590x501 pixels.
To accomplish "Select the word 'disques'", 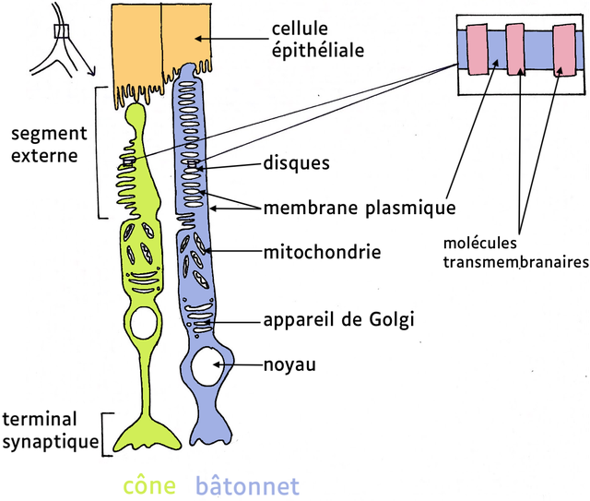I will (296, 163).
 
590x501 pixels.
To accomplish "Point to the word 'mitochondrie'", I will (322, 250).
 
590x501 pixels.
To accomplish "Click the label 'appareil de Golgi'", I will (338, 320).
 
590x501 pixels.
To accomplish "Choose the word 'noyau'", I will (289, 364).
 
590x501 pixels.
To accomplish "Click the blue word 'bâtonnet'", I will (247, 485).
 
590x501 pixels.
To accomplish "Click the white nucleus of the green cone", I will (145, 323).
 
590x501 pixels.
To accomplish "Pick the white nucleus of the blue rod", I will (211, 369).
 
